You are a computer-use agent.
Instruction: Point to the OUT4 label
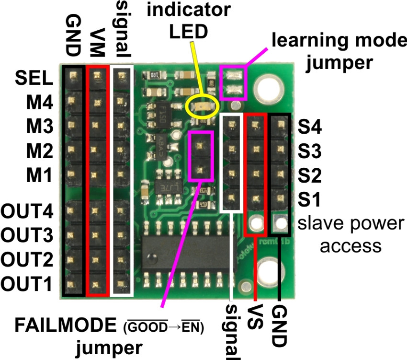tap(27, 210)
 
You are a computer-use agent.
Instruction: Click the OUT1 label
tap(27, 283)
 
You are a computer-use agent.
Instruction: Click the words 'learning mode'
tap(337, 41)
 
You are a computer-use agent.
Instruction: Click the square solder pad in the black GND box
tap(279, 222)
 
